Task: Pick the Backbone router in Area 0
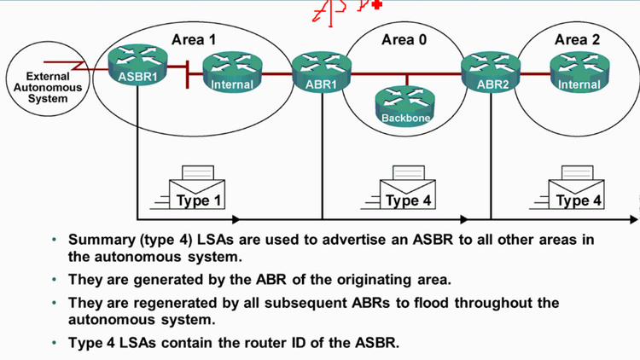pyautogui.click(x=405, y=103)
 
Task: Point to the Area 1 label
pyautogui.click(x=194, y=39)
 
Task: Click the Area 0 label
pyautogui.click(x=404, y=39)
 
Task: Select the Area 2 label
pyautogui.click(x=576, y=39)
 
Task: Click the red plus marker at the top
pyautogui.click(x=377, y=4)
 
